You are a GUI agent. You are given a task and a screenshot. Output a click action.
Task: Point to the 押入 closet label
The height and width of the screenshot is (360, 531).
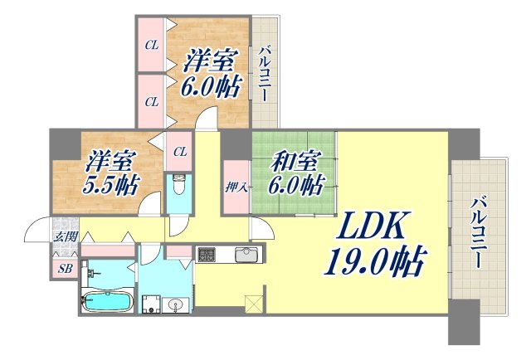point(234,187)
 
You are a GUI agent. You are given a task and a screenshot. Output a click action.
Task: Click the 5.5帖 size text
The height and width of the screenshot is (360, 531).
point(110,184)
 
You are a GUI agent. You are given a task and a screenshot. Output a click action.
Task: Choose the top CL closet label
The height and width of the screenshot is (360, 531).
point(151,45)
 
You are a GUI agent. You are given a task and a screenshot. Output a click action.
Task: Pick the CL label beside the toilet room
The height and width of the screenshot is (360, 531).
point(180,151)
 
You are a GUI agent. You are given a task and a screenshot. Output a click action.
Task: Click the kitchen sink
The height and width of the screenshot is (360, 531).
point(246,254)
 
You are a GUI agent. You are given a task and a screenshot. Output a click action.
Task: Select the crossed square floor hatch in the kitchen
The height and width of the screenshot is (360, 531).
point(253,304)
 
